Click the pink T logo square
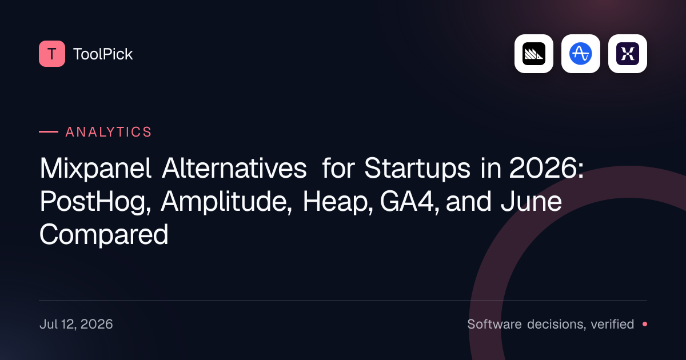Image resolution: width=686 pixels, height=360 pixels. [x=52, y=54]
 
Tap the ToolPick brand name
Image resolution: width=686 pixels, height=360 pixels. [x=103, y=54]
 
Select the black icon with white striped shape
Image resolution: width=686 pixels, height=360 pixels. [x=534, y=54]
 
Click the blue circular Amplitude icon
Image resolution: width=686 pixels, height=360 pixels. [x=581, y=54]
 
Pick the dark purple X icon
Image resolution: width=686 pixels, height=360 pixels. [x=628, y=54]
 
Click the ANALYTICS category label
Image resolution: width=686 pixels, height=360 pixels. [x=109, y=132]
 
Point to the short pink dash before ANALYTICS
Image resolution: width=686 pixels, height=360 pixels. [x=49, y=132]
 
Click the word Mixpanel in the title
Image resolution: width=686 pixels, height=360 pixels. [x=95, y=168]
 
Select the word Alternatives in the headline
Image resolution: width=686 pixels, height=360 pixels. [x=234, y=168]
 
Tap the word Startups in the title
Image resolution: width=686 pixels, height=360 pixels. [x=417, y=169]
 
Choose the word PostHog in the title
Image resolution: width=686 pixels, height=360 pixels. [x=95, y=202]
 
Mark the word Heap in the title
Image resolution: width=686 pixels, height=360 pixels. [x=338, y=202]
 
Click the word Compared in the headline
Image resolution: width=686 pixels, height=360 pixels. [x=104, y=235]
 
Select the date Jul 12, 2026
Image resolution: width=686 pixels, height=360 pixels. [x=76, y=324]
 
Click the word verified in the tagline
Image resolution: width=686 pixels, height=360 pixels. [x=612, y=324]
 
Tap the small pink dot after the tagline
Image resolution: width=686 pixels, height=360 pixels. [x=645, y=324]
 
